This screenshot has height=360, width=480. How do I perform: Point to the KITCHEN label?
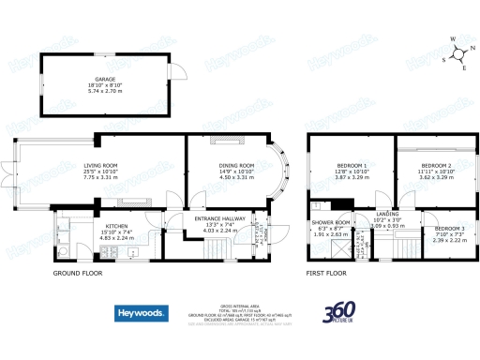(x=117, y=227)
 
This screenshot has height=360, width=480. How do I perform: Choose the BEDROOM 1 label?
(x=352, y=166)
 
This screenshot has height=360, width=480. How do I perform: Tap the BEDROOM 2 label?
(x=436, y=166)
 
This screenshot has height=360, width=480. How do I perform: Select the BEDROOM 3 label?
(x=447, y=228)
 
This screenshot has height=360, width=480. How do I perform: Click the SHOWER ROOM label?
(x=330, y=222)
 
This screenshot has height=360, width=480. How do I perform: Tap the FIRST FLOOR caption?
(x=326, y=274)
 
